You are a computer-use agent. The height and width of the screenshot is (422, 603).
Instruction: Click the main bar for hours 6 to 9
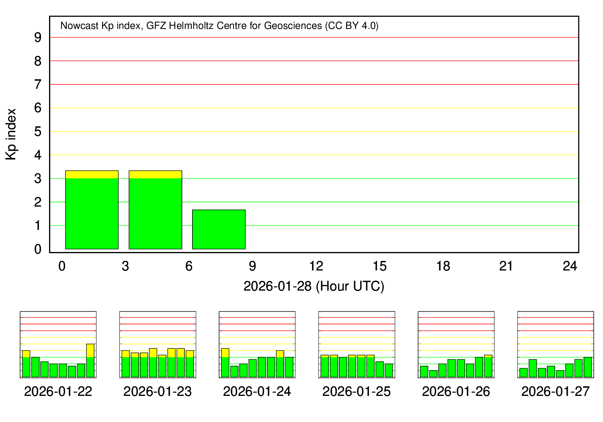click(x=219, y=229)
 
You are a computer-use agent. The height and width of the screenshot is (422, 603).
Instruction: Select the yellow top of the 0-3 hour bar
click(x=92, y=174)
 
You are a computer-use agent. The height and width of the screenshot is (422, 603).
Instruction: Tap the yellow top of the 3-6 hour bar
click(x=155, y=174)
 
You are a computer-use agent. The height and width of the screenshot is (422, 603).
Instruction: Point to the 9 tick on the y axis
click(x=38, y=37)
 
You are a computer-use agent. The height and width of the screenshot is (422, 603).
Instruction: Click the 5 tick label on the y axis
click(x=38, y=131)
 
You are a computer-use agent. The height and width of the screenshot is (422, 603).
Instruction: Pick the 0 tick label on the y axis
click(x=38, y=249)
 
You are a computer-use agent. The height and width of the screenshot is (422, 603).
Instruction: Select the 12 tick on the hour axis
click(x=316, y=266)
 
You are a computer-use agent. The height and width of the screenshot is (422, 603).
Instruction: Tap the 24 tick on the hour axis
click(x=570, y=266)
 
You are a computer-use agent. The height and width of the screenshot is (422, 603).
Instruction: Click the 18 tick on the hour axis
click(x=443, y=266)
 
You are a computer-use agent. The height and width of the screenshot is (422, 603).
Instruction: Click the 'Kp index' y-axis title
click(x=11, y=134)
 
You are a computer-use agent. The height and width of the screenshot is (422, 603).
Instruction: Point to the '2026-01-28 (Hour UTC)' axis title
click(x=314, y=286)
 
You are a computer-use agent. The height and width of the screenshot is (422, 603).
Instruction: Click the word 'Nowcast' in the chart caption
click(x=79, y=26)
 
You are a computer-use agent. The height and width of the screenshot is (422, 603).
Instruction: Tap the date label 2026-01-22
click(x=58, y=391)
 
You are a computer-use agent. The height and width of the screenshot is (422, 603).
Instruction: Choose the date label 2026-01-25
click(x=357, y=391)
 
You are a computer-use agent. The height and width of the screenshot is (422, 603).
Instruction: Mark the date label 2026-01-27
click(x=556, y=391)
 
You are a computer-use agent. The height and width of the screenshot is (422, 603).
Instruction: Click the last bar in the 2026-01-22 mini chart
click(x=90, y=361)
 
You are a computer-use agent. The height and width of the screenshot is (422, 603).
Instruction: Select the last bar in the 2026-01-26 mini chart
click(x=488, y=366)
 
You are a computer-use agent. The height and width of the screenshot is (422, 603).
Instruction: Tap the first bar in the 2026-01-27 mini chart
click(x=523, y=373)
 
